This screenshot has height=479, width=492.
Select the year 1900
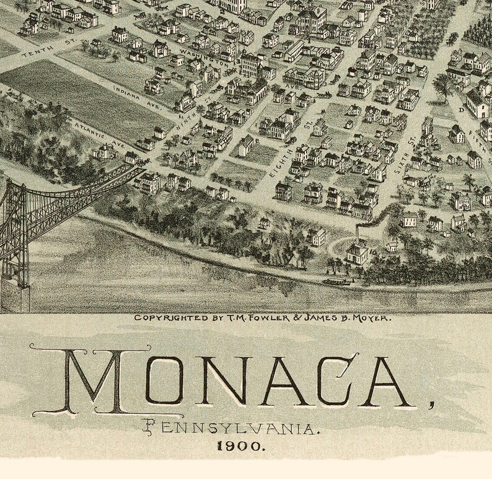(x=242, y=445)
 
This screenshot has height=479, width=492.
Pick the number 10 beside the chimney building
(x=374, y=252)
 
